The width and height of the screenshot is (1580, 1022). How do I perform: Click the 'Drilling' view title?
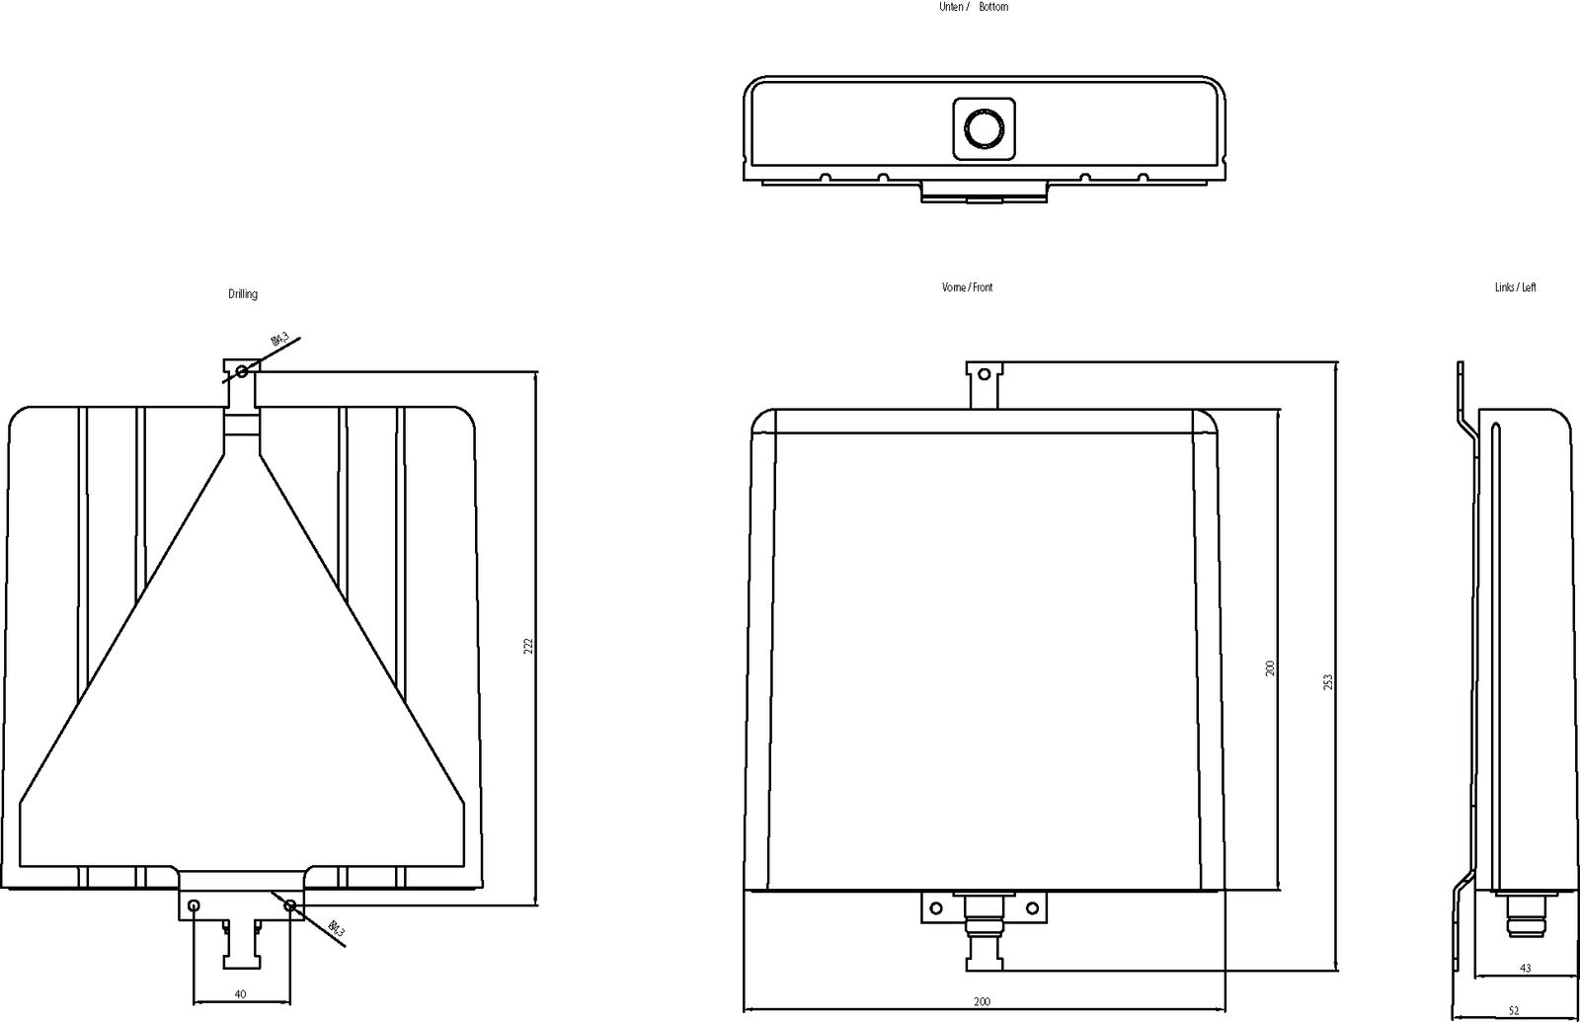[x=243, y=294]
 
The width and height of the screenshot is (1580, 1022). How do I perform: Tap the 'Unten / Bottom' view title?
[x=973, y=7]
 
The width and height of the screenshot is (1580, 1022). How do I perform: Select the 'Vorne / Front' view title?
[x=967, y=287]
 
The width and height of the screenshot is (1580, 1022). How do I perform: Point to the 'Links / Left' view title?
[x=1515, y=287]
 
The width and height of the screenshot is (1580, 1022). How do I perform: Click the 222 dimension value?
[x=528, y=646]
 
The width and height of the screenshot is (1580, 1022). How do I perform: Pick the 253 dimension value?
[x=1328, y=681]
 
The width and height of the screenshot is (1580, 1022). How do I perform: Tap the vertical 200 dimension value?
[x=1271, y=668]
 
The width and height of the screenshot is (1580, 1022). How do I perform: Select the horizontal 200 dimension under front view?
[x=982, y=1002]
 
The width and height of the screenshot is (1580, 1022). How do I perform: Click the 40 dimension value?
[x=240, y=993]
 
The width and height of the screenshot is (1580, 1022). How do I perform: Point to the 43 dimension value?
[x=1526, y=969]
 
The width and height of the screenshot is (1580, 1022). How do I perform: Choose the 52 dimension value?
[x=1514, y=1010]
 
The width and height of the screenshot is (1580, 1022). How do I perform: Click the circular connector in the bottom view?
[x=984, y=129]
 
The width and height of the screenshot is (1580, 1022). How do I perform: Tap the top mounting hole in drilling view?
[x=241, y=371]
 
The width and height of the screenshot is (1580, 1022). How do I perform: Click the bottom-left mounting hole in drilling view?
[x=194, y=905]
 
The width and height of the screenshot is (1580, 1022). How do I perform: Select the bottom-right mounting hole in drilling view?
[x=289, y=905]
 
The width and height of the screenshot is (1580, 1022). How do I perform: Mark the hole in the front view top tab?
[x=984, y=374]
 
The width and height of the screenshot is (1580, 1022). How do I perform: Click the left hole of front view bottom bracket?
[x=934, y=907]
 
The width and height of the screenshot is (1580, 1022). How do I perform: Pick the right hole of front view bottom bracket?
[x=1032, y=907]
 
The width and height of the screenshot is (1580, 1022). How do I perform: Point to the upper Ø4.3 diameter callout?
[x=280, y=342]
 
